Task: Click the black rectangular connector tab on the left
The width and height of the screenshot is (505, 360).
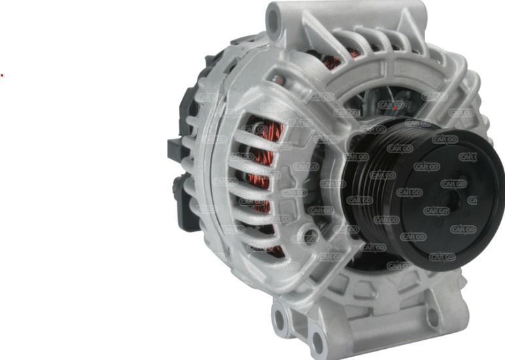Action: tap(175, 148)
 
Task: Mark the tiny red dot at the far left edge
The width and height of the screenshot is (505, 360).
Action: tap(2, 75)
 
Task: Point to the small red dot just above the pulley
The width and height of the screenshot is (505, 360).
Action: tap(396, 105)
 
